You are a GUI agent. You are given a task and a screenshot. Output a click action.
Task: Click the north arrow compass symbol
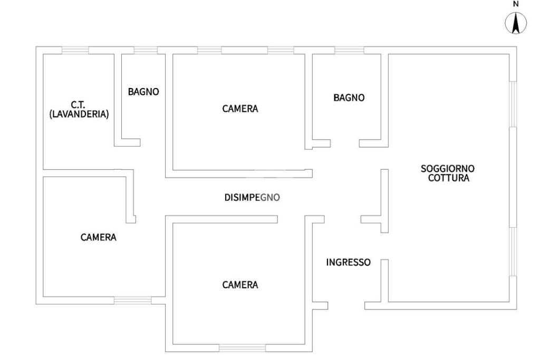pos(517,24)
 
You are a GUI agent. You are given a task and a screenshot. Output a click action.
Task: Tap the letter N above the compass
pos(517,4)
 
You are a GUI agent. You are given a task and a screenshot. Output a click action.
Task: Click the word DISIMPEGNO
pos(252,198)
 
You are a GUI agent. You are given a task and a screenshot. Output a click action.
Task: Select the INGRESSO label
pos(349,262)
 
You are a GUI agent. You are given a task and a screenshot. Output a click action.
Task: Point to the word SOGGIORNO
pos(448,169)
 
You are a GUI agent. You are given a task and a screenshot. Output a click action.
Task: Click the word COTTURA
pos(448,178)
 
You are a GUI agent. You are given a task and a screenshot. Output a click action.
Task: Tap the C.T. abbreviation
pos(79,105)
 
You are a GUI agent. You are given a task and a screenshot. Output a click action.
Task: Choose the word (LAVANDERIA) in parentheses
pos(79,114)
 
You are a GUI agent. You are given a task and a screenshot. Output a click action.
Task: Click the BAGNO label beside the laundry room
pos(143,92)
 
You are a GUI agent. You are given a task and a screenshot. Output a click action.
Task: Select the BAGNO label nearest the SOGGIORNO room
pos(349,98)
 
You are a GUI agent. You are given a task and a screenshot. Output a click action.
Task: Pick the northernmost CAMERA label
pos(240,109)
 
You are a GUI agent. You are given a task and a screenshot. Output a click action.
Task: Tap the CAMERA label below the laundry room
pos(98,237)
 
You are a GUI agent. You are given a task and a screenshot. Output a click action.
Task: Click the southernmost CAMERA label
pos(240,285)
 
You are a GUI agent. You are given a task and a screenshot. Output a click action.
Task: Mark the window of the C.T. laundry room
pos(75,50)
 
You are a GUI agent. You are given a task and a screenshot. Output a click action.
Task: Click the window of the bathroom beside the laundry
pos(146,50)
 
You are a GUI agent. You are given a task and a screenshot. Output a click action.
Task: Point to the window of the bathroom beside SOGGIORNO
pos(349,50)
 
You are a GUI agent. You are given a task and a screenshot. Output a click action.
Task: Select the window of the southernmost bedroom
pos(243,348)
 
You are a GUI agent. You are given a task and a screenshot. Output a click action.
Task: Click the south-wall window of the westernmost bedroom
pos(133,300)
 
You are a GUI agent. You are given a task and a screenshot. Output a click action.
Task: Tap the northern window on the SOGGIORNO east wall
pos(513,104)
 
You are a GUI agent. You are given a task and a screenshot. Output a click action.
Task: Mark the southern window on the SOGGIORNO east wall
pos(513,251)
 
